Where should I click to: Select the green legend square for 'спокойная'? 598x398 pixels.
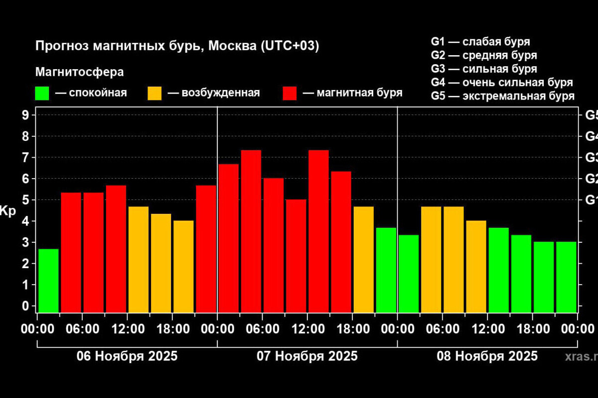[x=42, y=93]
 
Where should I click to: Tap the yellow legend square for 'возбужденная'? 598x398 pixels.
[x=154, y=93]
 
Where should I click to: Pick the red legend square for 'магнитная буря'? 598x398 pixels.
[x=290, y=93]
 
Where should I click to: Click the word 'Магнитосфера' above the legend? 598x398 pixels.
[x=79, y=72]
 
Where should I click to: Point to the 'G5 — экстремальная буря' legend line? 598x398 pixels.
[x=503, y=96]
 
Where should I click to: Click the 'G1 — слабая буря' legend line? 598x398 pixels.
[x=480, y=41]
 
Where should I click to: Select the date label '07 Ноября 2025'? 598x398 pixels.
[x=307, y=356]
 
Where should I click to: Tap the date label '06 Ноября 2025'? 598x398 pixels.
[x=127, y=356]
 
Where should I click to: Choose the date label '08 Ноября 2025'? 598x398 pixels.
[x=487, y=356]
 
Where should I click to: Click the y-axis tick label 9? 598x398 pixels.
[x=26, y=115]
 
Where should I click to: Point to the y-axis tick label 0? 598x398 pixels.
[x=26, y=306]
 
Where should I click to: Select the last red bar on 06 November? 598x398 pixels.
[x=206, y=249]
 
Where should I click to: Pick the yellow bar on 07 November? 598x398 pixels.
[x=363, y=259]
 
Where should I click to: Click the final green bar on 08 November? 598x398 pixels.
[x=566, y=277]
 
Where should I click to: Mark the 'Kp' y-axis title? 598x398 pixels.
[x=8, y=210]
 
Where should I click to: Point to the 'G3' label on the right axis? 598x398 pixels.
[x=591, y=158]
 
